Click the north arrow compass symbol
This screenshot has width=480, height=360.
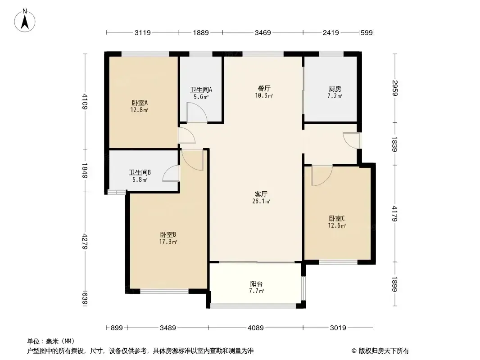pos(25,21)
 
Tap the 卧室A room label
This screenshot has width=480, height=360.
pos(140,106)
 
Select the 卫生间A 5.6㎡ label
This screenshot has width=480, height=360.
pos(201,93)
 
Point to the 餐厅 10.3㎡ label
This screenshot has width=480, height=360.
pos(264,92)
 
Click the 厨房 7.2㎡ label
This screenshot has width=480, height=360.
pos(335,92)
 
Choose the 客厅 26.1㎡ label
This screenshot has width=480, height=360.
pos(261,198)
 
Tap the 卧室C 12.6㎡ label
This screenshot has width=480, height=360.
pos(337,222)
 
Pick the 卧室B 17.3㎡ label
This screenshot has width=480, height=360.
pos(168,238)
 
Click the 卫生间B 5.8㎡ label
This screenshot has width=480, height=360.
pos(140,176)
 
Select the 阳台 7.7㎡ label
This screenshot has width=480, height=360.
pos(256,287)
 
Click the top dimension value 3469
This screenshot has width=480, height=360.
pos(263,32)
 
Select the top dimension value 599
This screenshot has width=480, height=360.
pos(367,32)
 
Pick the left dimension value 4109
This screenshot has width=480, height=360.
pos(85,102)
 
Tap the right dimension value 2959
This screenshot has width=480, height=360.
pos(395,88)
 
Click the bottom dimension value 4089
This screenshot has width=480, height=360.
pos(256,328)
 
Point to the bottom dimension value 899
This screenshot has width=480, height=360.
pos(117,328)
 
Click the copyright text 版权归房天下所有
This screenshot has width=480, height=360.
pos(384,351)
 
